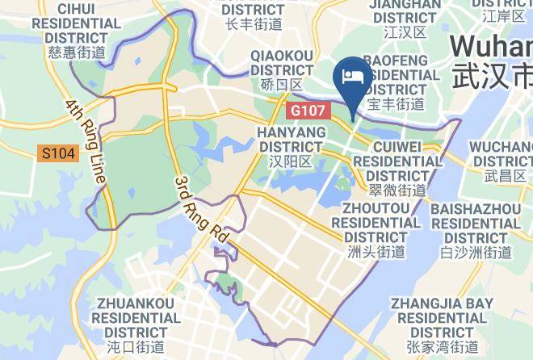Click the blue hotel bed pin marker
(353, 78)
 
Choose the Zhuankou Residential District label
(135, 318)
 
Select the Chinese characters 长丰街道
(254, 24)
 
